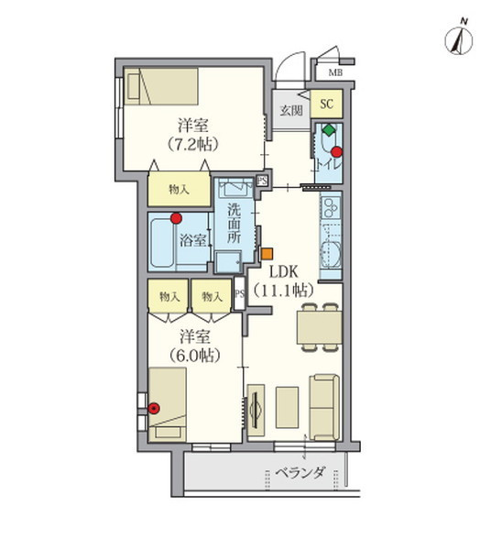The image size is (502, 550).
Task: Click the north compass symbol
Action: click(x=456, y=39)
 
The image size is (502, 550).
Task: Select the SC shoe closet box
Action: click(x=325, y=104)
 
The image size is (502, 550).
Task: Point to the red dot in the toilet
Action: click(x=336, y=151)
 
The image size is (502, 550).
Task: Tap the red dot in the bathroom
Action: click(x=177, y=218)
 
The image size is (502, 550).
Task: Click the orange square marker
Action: click(x=267, y=253)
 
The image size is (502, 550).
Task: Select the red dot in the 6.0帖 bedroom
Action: click(x=154, y=408)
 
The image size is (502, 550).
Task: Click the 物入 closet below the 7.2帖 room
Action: click(x=179, y=190)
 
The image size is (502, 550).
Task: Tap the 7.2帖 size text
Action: click(x=193, y=144)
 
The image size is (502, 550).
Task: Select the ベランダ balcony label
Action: click(x=301, y=474)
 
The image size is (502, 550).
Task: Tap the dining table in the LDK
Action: click(x=319, y=325)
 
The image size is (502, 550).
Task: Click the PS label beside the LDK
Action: click(x=240, y=294)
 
